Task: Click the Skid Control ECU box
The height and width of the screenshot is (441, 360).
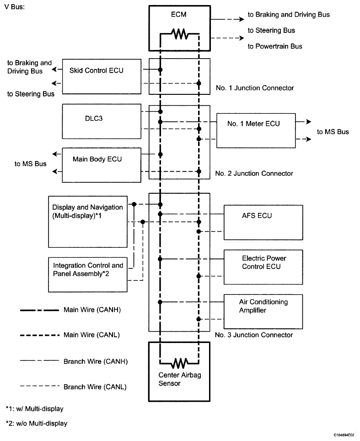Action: tap(102, 76)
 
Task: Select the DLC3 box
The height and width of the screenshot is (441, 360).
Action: tap(102, 121)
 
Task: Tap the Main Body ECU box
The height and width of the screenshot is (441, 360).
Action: tap(102, 165)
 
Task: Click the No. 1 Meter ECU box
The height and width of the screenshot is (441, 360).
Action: tap(256, 131)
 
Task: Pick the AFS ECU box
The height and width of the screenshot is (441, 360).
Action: tap(263, 223)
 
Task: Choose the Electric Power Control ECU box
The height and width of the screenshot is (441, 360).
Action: tap(263, 267)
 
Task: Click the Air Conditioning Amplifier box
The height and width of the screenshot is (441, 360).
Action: tap(263, 311)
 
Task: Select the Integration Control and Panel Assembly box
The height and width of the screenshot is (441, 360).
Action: tap(88, 275)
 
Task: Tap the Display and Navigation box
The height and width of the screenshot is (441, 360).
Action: tap(88, 222)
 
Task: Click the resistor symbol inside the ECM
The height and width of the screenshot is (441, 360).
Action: tap(180, 34)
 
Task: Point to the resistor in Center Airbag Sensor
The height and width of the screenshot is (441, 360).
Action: tap(180, 363)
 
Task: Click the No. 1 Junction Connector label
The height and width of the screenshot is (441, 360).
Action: tap(255, 88)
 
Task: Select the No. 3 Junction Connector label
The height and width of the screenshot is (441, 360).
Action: tap(254, 335)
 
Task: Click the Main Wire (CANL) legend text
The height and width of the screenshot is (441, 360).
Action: tap(91, 335)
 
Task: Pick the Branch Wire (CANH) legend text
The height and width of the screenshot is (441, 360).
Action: tap(96, 361)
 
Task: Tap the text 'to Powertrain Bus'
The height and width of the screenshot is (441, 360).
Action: tap(275, 46)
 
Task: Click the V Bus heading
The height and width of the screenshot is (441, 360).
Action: tap(14, 7)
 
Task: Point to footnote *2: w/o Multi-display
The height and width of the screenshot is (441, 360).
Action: tap(37, 423)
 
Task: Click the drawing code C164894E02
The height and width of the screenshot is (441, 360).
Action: tap(344, 435)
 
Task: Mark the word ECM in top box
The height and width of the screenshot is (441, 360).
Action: tap(179, 14)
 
